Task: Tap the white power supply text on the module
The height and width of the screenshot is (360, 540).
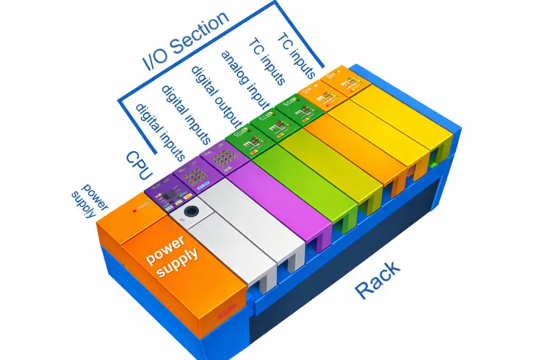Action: point(172,256)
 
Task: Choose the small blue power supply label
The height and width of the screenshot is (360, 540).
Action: point(84,201)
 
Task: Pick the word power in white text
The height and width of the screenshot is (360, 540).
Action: point(166,249)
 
